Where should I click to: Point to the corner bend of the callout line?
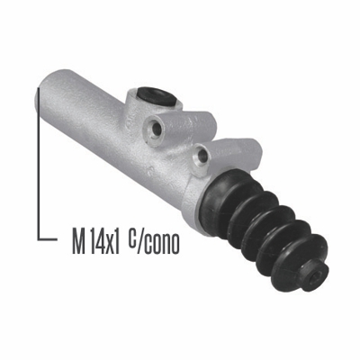39,238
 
